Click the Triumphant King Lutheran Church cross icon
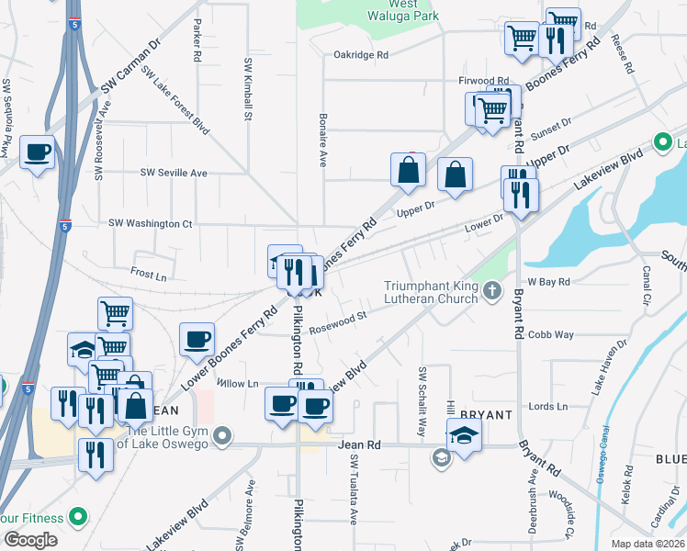(x=492, y=292)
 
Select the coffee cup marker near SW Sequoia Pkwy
(x=37, y=152)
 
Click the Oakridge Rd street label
(x=362, y=55)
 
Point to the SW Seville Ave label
(x=174, y=173)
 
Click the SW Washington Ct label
(x=151, y=223)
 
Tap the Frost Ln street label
(x=149, y=274)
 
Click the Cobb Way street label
(x=551, y=335)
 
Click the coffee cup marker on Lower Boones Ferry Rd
(x=197, y=339)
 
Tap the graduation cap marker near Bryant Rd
(x=464, y=434)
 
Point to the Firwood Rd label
(x=484, y=81)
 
